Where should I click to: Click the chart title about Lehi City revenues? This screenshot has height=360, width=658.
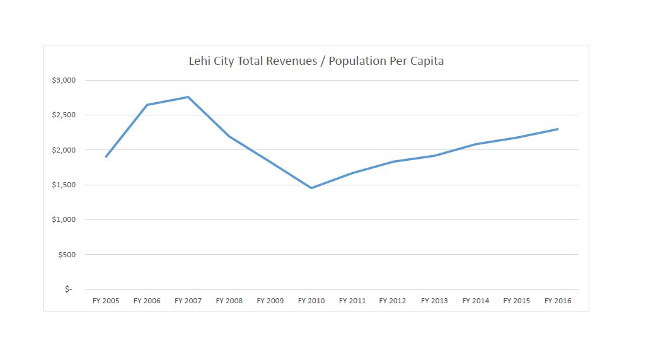(316, 61)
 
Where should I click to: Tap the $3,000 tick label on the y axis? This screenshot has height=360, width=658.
(63, 80)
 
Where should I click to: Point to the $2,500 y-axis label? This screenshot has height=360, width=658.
(63, 115)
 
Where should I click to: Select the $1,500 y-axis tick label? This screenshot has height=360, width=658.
(63, 185)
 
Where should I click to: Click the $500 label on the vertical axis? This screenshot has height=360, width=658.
(66, 255)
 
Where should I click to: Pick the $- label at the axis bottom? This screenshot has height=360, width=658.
(68, 289)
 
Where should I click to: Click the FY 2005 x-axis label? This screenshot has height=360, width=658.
(106, 301)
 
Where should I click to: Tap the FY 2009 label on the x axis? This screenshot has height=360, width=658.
(270, 301)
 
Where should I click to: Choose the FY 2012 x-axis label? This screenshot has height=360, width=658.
(393, 301)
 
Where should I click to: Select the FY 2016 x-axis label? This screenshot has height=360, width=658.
(558, 301)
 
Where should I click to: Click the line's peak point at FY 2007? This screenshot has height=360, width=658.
(188, 97)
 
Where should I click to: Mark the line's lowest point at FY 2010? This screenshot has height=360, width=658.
(311, 188)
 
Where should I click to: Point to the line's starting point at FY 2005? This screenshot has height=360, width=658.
(106, 156)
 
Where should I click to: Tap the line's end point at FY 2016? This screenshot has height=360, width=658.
(558, 129)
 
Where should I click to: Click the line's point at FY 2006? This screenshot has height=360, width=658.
(147, 105)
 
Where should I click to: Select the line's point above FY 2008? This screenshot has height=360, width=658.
(229, 136)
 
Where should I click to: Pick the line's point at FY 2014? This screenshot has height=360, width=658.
(475, 144)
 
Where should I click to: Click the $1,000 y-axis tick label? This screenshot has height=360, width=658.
(63, 219)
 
